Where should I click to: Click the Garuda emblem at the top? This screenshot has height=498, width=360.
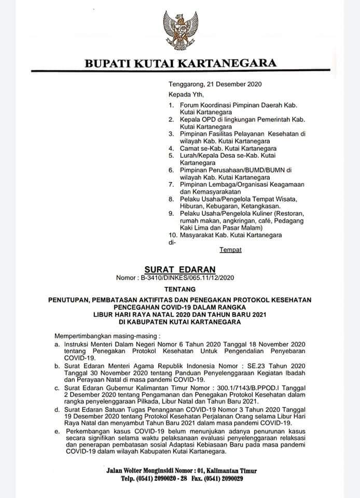click(180, 30)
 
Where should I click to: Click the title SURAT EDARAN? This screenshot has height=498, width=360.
click(179, 269)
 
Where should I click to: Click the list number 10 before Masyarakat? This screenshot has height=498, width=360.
click(173, 236)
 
